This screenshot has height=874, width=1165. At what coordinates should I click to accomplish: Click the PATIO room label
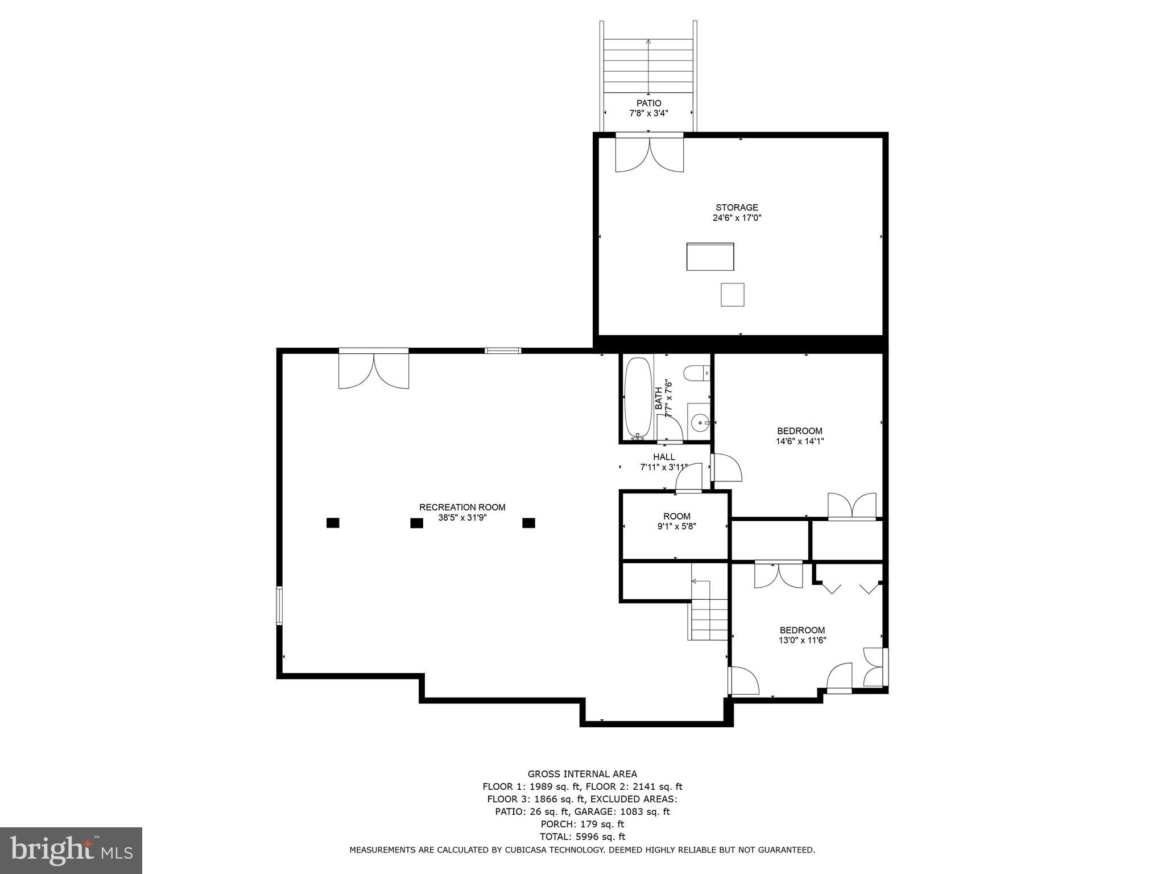(x=648, y=104)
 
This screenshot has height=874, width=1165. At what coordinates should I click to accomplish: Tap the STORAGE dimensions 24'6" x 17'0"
(x=737, y=218)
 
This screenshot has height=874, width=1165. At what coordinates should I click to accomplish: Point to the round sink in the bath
(x=699, y=422)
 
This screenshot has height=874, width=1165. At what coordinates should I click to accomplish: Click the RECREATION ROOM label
(x=462, y=507)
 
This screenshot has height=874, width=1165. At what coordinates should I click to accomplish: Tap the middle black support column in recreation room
(x=416, y=523)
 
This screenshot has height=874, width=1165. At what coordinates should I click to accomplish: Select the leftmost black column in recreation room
(x=333, y=522)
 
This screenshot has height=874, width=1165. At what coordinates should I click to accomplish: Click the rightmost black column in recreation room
(x=528, y=522)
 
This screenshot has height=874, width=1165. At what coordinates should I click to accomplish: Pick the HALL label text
(x=664, y=457)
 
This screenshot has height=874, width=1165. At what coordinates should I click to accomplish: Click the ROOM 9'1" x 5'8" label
(x=676, y=521)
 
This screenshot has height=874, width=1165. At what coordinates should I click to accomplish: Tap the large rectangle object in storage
(x=710, y=257)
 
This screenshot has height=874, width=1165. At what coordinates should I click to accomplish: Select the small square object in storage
(x=732, y=295)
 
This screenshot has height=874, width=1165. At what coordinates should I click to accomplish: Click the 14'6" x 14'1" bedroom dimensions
(x=800, y=441)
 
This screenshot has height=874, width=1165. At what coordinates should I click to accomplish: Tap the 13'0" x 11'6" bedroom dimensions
(x=802, y=640)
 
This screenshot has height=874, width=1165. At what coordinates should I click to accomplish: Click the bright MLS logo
(x=71, y=850)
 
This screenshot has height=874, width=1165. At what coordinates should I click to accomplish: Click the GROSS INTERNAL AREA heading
(x=582, y=774)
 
